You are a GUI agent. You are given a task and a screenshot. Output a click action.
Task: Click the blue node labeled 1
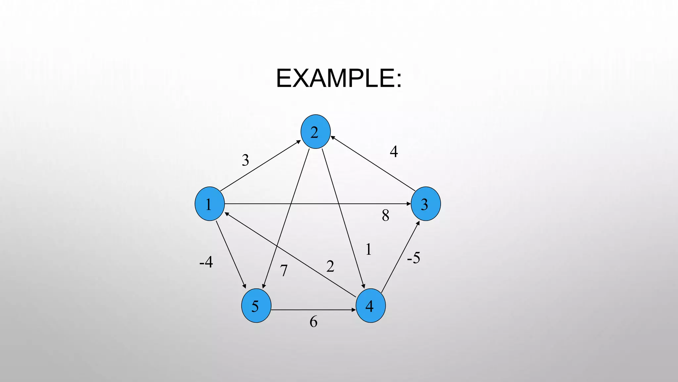(x=210, y=204)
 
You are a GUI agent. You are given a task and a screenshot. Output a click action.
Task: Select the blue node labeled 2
(x=315, y=132)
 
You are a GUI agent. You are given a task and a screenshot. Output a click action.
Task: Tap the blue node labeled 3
(x=425, y=204)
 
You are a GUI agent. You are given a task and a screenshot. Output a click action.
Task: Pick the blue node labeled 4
(x=370, y=305)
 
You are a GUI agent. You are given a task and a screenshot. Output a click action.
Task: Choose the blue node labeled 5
(x=256, y=305)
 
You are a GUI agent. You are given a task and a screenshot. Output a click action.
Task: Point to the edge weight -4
(x=206, y=262)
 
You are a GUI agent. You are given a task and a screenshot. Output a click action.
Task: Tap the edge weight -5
(x=413, y=258)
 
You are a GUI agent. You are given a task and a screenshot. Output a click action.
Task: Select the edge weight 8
(x=385, y=216)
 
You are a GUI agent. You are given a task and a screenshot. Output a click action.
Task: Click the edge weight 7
(x=284, y=271)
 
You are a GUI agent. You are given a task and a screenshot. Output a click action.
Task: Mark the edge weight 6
(x=313, y=322)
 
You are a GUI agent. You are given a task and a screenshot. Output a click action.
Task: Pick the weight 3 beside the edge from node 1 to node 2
(x=245, y=160)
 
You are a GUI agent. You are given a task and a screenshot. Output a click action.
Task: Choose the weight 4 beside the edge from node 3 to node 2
(x=394, y=152)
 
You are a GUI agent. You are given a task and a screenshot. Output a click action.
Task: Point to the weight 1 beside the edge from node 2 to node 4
(x=368, y=249)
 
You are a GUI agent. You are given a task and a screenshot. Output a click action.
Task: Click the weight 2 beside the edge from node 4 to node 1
(x=330, y=266)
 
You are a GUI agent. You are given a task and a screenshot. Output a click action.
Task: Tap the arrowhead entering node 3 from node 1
(x=409, y=204)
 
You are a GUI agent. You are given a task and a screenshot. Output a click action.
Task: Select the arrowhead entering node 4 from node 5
(x=354, y=310)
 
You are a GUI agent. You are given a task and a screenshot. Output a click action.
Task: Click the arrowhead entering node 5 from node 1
(x=244, y=286)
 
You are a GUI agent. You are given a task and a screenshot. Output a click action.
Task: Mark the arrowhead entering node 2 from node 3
(x=332, y=137)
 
